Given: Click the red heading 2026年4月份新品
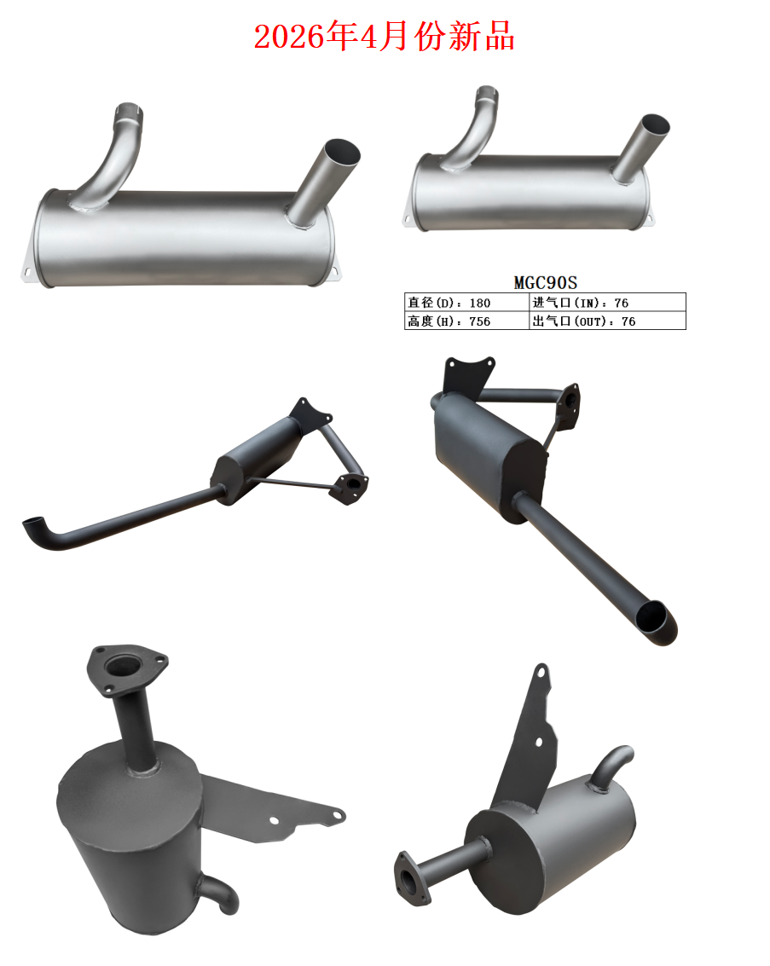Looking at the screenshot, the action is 384,36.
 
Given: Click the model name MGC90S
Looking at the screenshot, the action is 545,283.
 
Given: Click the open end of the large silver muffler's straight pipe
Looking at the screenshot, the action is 342,152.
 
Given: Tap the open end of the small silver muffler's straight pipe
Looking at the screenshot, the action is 655,124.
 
